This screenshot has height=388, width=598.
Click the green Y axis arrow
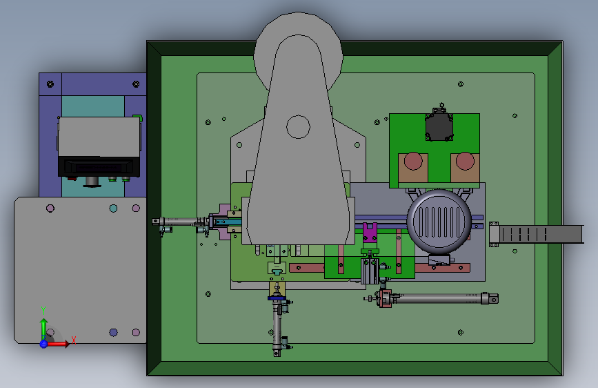(44, 328)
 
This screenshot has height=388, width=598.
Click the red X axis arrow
(57, 344)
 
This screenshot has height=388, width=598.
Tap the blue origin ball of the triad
(43, 344)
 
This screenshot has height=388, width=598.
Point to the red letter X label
(74, 340)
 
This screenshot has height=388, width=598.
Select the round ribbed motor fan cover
(439, 222)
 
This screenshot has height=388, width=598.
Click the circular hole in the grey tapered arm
(298, 127)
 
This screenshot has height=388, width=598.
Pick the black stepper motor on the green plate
(439, 124)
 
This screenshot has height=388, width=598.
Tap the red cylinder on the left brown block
(413, 161)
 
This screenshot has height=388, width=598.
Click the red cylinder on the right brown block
(465, 161)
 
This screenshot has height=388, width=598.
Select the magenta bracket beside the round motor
(370, 233)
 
